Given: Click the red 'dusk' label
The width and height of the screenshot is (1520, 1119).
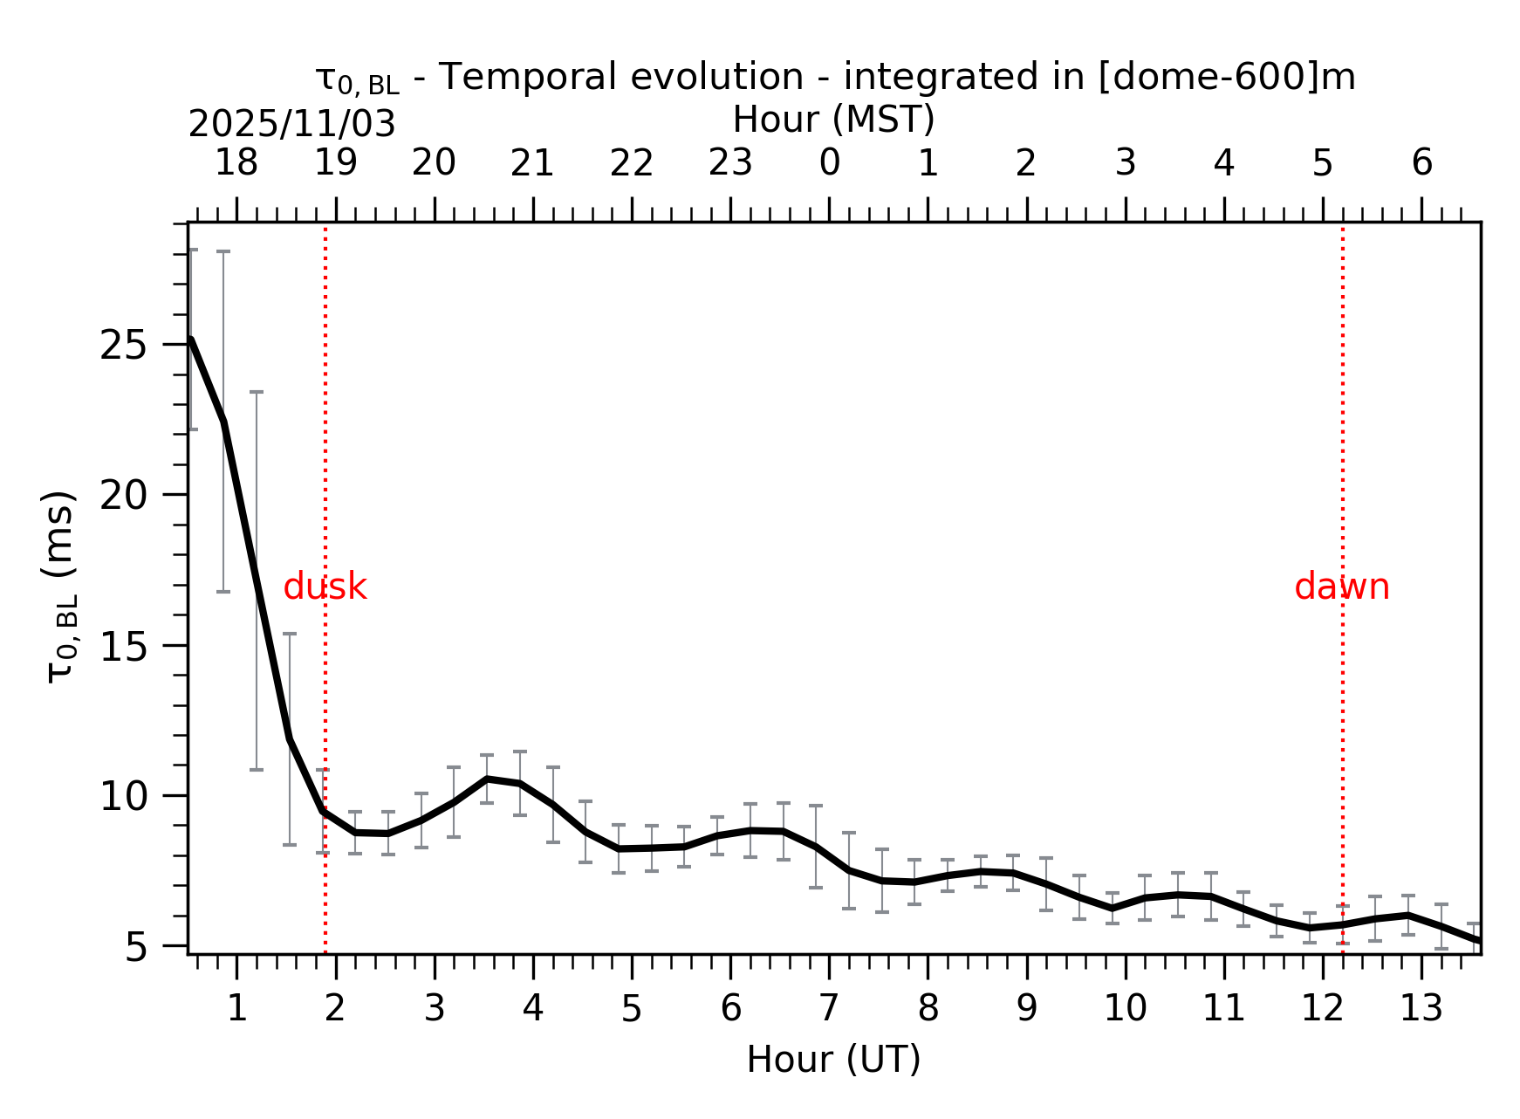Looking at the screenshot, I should click(x=325, y=587).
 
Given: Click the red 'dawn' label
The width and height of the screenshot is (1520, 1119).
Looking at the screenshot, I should click(x=1341, y=587).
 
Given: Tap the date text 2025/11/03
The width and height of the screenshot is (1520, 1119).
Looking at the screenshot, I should click(x=291, y=125).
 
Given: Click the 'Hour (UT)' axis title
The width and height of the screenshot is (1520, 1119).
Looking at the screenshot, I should click(x=833, y=1060).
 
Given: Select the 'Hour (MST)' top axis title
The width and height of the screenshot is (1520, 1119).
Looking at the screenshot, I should click(x=833, y=120).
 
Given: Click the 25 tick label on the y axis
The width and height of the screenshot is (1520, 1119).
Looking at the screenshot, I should click(x=121, y=347).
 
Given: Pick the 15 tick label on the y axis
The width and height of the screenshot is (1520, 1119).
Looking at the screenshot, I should click(x=121, y=648).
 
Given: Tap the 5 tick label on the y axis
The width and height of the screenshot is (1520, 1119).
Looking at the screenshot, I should click(x=136, y=948).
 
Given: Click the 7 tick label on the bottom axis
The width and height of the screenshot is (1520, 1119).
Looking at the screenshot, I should click(x=829, y=1009).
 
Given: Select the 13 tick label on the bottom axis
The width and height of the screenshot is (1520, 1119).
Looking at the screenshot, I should click(x=1421, y=1009).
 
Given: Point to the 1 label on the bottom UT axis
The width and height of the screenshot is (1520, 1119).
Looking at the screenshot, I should click(x=236, y=1009).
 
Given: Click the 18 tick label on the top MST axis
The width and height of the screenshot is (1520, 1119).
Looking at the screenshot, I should click(x=236, y=162).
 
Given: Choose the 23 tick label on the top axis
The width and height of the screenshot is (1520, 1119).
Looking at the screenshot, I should click(x=729, y=162).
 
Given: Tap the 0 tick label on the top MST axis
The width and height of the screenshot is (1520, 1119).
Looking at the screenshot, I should click(x=829, y=162).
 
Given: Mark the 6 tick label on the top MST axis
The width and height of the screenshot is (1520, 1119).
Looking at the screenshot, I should click(x=1421, y=162).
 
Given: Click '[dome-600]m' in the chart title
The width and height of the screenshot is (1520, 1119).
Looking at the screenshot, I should click(x=1226, y=77).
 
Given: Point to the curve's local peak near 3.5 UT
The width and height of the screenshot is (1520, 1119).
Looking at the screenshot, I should click(x=487, y=778).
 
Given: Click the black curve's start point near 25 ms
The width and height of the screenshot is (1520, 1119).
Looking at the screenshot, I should click(x=191, y=339).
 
